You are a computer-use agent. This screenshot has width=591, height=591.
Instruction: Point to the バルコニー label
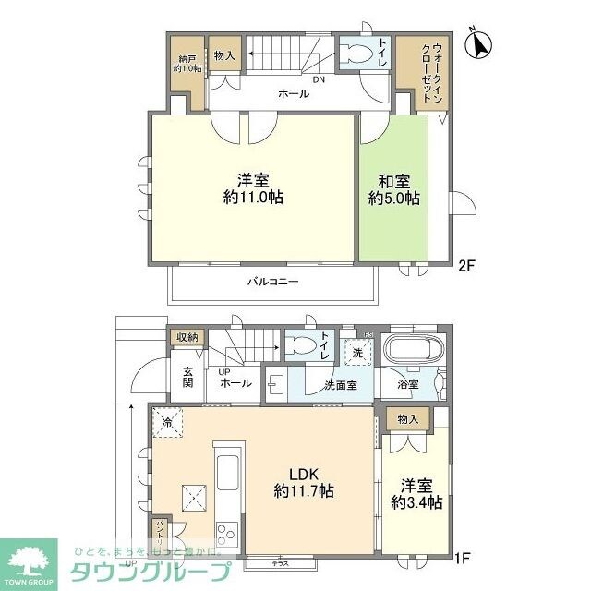[x=271, y=283]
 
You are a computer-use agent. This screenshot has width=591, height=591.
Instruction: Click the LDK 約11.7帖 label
[x=302, y=482]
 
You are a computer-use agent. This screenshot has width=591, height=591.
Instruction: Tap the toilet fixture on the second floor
[x=354, y=54]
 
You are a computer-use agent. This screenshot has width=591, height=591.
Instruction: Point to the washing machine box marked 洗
[x=356, y=353]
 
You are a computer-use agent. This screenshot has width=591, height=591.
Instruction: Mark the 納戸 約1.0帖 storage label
[x=186, y=62]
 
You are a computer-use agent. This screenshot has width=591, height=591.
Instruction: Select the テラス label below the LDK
[x=279, y=561]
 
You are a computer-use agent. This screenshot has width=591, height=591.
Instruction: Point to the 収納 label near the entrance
[x=187, y=338]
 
